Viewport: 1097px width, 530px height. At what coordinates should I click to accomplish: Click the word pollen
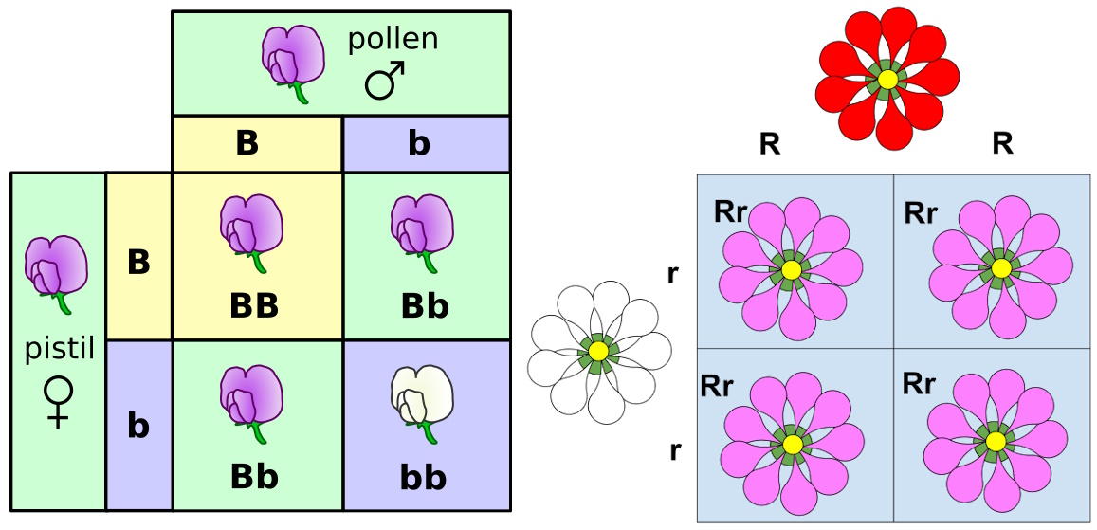393,39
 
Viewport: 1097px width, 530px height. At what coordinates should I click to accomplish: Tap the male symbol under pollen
385,81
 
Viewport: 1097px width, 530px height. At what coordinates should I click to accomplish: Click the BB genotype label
254,306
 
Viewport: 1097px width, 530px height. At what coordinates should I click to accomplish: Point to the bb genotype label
423,477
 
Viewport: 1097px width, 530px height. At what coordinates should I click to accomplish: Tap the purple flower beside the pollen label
293,60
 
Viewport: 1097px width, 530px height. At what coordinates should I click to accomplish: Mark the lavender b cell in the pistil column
138,426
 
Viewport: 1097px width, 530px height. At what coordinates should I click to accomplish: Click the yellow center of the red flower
887,80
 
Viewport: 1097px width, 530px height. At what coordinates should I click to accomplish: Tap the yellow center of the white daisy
597,351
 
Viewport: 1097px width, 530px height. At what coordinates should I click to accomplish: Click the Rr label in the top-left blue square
731,211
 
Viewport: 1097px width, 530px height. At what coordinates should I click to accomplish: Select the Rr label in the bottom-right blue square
919,384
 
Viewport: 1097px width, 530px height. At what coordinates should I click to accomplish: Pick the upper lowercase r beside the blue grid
673,275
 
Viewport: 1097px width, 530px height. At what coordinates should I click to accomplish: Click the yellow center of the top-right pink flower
1000,268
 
